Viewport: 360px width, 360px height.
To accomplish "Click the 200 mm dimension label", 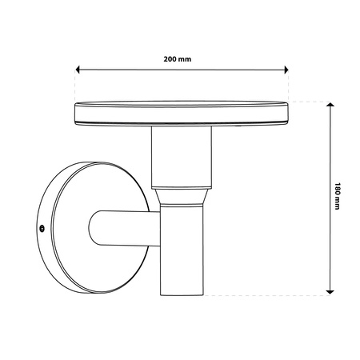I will click(180, 59).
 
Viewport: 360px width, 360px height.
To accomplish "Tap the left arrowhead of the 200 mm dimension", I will click(78, 70).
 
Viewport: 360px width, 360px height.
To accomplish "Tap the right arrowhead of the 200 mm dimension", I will click(285, 70).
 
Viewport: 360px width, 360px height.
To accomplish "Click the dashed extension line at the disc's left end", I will click(74, 84).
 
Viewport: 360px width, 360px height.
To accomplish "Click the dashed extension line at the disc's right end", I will click(288, 84).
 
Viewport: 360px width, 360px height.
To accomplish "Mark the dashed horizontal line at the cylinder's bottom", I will click(264, 295).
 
